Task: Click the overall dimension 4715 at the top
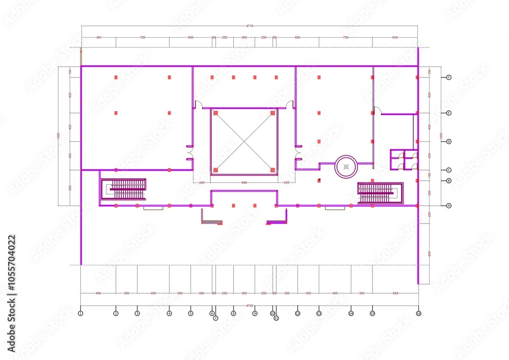click(249, 25)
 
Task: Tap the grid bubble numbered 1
click(80, 313)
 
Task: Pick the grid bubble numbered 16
click(418, 313)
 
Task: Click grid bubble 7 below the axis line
click(215, 318)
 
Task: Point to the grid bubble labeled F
click(449, 77)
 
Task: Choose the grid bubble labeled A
click(449, 206)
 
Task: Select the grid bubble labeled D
click(449, 142)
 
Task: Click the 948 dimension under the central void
click(244, 182)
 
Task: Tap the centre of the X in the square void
click(244, 141)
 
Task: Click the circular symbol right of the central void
click(346, 167)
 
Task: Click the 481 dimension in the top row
click(99, 37)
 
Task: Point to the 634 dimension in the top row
click(395, 37)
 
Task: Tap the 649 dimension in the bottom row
click(395, 293)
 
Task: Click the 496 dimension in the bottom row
click(98, 293)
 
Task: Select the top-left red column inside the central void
click(216, 113)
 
